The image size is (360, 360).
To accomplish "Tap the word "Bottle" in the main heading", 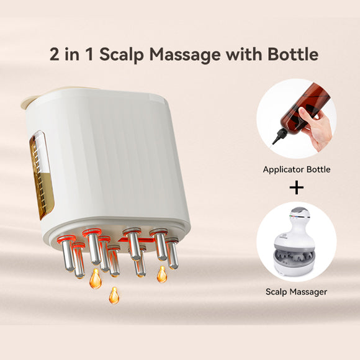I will pyautogui.click(x=290, y=54).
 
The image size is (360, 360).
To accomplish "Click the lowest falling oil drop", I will pyautogui.click(x=114, y=295).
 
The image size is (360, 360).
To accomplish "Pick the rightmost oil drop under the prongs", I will pyautogui.click(x=161, y=274).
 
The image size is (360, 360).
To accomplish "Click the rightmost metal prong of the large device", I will pyautogui.click(x=172, y=254).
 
